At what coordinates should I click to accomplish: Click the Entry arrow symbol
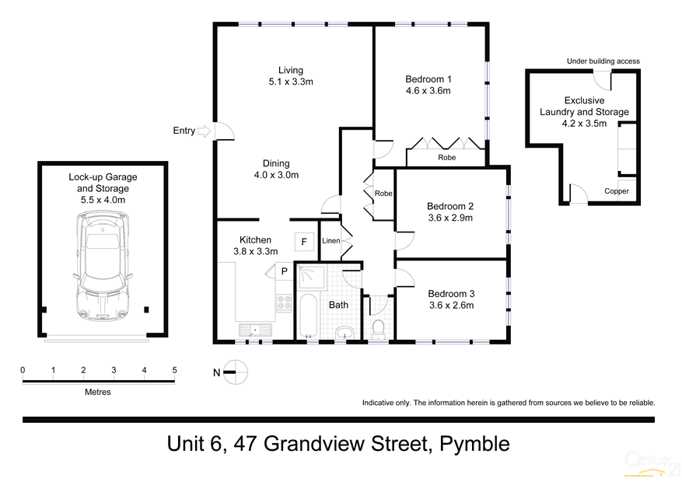[x=205, y=131]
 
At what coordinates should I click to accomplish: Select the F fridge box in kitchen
[x=304, y=242]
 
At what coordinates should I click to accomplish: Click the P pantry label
[x=285, y=271]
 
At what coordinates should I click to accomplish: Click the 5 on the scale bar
[x=174, y=370]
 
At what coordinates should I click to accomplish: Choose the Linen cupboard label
[x=331, y=241]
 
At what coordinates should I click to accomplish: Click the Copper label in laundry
[x=617, y=191]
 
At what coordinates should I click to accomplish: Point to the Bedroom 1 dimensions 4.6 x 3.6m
[x=428, y=91]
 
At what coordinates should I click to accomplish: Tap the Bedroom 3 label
[x=450, y=293]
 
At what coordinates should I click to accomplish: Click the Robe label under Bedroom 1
[x=446, y=157]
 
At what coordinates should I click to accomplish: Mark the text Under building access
[x=603, y=61]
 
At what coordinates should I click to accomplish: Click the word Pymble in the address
[x=474, y=444]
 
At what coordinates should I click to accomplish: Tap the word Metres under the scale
[x=98, y=392]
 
